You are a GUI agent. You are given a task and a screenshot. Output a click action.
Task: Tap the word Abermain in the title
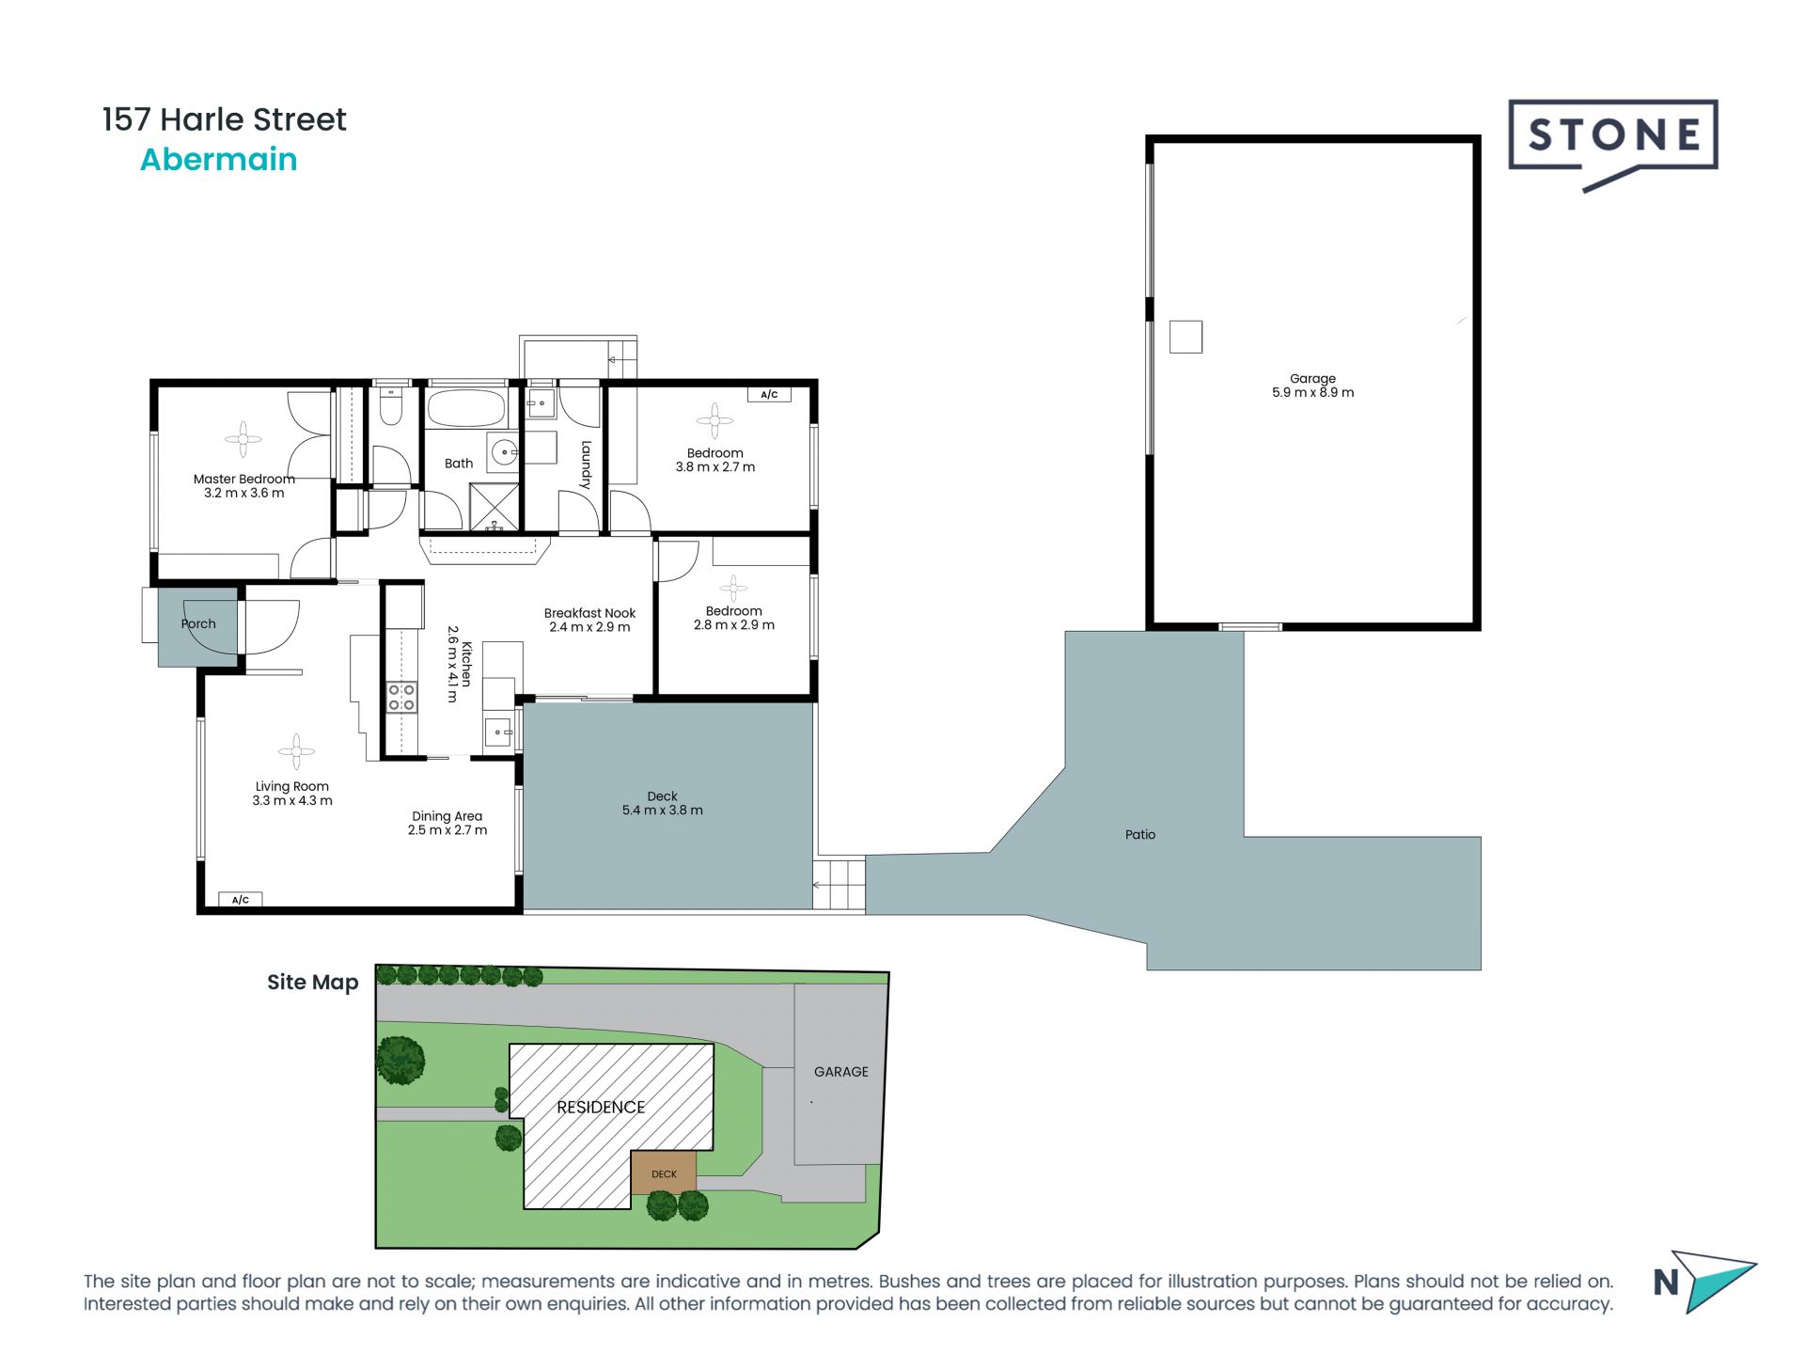tap(218, 160)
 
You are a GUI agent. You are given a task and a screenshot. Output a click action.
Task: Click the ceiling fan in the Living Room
tap(296, 750)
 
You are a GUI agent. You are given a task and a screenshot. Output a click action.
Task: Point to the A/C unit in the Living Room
tap(241, 900)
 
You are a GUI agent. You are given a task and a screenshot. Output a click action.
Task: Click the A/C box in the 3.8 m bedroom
tap(769, 395)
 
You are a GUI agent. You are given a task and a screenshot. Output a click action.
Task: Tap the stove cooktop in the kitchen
tap(402, 697)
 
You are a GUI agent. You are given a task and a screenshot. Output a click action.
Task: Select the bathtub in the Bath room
tap(466, 409)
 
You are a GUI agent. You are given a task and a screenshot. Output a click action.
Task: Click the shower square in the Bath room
tap(494, 507)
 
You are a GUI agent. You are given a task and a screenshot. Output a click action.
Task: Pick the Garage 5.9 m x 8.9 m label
tap(1312, 386)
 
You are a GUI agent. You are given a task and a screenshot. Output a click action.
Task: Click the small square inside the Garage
tap(1185, 337)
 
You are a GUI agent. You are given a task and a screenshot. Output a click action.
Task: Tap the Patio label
tap(1139, 834)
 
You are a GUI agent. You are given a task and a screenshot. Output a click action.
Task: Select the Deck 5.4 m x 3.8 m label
tap(662, 803)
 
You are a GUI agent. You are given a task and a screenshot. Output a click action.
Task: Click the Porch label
tap(197, 623)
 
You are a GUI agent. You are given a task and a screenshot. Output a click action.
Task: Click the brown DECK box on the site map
tap(664, 1173)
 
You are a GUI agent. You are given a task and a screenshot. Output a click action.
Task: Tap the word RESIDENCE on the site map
tap(600, 1108)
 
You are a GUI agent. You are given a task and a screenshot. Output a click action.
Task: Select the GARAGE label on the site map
tap(840, 1072)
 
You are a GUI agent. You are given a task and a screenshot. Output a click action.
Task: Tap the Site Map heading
tap(312, 983)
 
